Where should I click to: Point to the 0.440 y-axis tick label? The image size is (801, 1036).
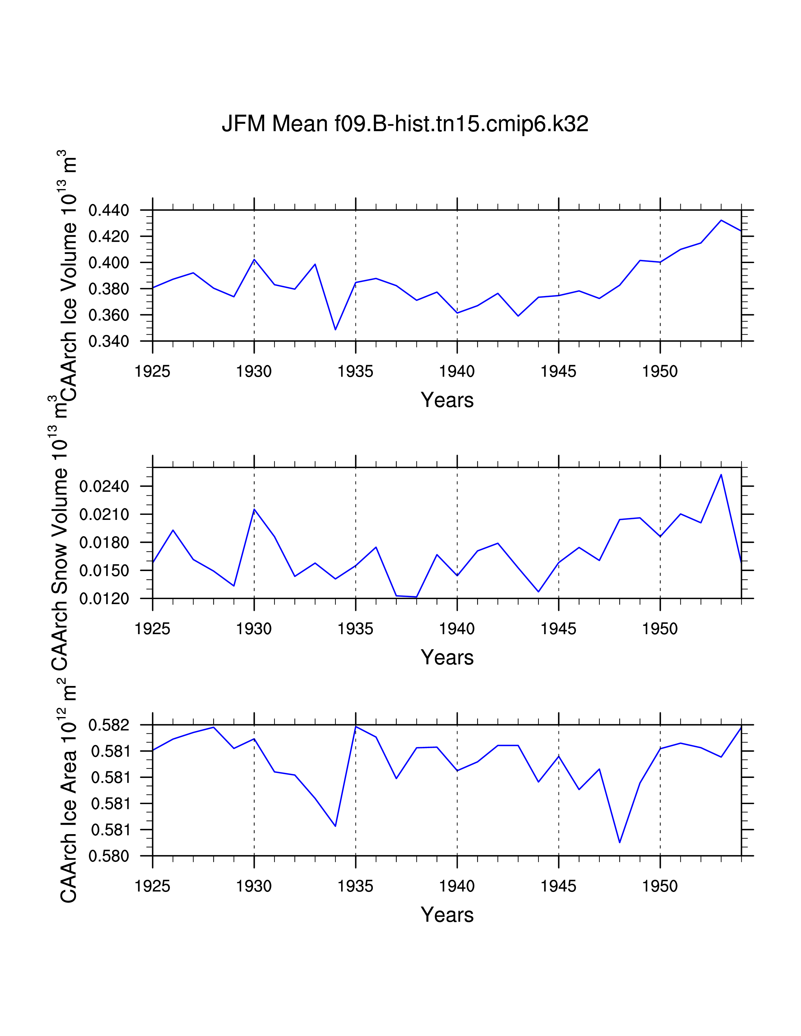[x=109, y=210]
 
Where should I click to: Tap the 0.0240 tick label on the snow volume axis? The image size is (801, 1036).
[x=104, y=486]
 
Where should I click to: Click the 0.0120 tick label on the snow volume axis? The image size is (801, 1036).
[x=104, y=599]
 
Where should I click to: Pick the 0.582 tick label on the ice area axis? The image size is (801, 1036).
[x=109, y=725]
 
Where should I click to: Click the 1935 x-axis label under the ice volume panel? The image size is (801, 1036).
[x=355, y=371]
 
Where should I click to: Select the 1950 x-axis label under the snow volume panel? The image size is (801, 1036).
[x=660, y=629]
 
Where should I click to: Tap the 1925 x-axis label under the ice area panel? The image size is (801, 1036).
[x=152, y=886]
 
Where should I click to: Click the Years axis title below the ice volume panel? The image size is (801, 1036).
[x=447, y=400]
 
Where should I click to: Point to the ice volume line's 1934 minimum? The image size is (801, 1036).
[x=335, y=330]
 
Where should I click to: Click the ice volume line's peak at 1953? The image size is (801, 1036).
[x=721, y=220]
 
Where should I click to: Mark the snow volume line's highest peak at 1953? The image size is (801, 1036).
[x=721, y=474]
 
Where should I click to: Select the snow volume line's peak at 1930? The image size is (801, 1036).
[x=254, y=510]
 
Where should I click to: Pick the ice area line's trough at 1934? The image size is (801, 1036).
[x=335, y=826]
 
